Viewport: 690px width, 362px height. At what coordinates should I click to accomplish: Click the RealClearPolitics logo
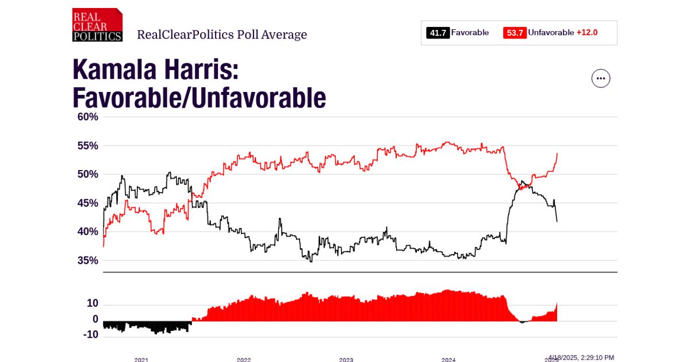(x=97, y=25)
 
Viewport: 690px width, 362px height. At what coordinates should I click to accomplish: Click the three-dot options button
(x=601, y=78)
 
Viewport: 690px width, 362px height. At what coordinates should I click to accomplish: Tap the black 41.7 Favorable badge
(x=438, y=33)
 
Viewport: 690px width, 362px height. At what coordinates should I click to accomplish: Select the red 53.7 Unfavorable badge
(x=514, y=33)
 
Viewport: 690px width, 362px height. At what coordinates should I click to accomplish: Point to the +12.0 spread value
(x=587, y=33)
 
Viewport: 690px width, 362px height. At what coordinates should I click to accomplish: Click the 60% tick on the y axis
(x=88, y=117)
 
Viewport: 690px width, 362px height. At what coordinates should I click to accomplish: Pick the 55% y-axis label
(x=88, y=145)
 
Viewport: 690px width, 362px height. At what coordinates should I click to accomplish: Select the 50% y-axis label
(x=88, y=174)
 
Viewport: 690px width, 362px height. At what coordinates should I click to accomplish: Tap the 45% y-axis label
(x=88, y=203)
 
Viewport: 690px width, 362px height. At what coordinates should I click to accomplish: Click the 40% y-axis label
(x=88, y=232)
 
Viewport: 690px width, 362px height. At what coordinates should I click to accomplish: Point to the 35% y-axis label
(x=88, y=260)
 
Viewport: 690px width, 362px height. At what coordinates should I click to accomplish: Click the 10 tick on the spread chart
(x=92, y=303)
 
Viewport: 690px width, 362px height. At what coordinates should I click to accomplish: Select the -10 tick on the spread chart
(x=90, y=335)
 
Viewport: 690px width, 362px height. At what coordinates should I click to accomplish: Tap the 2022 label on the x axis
(x=244, y=359)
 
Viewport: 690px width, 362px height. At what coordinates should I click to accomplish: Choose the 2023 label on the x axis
(x=346, y=359)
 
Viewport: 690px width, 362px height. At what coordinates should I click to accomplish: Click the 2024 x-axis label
(x=448, y=359)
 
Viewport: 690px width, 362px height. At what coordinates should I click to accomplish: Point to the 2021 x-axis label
(x=141, y=359)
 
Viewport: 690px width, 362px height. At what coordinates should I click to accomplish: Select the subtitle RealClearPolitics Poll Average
(x=222, y=34)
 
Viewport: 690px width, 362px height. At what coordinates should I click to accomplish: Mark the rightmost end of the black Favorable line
(x=557, y=221)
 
